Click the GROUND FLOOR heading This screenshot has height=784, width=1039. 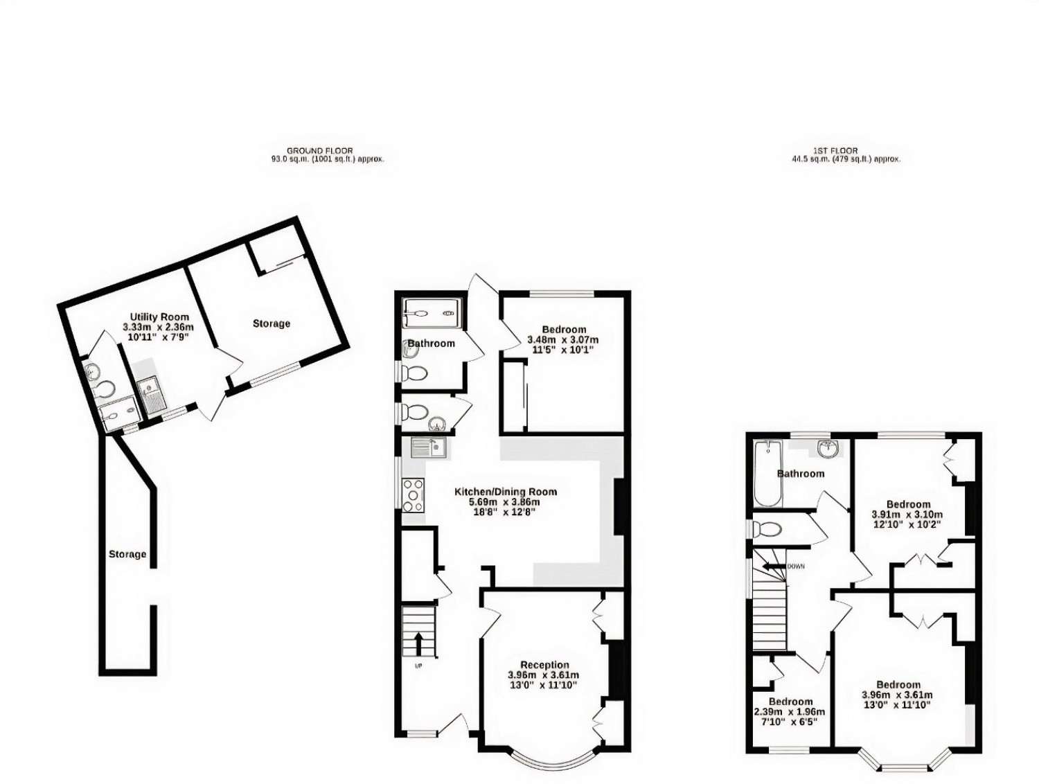coord(327,150)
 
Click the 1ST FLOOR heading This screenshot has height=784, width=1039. coord(846,150)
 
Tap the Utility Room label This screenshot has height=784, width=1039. coord(159,317)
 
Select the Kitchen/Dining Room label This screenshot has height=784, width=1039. coord(506,492)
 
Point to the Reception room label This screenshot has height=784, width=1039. coord(545,665)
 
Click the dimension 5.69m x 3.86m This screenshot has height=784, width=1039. coord(504,502)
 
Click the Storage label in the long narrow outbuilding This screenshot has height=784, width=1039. coord(127,554)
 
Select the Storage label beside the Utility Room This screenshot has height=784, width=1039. coord(272,323)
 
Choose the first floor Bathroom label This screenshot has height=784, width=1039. coord(801,474)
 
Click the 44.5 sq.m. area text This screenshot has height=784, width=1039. coord(846,159)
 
